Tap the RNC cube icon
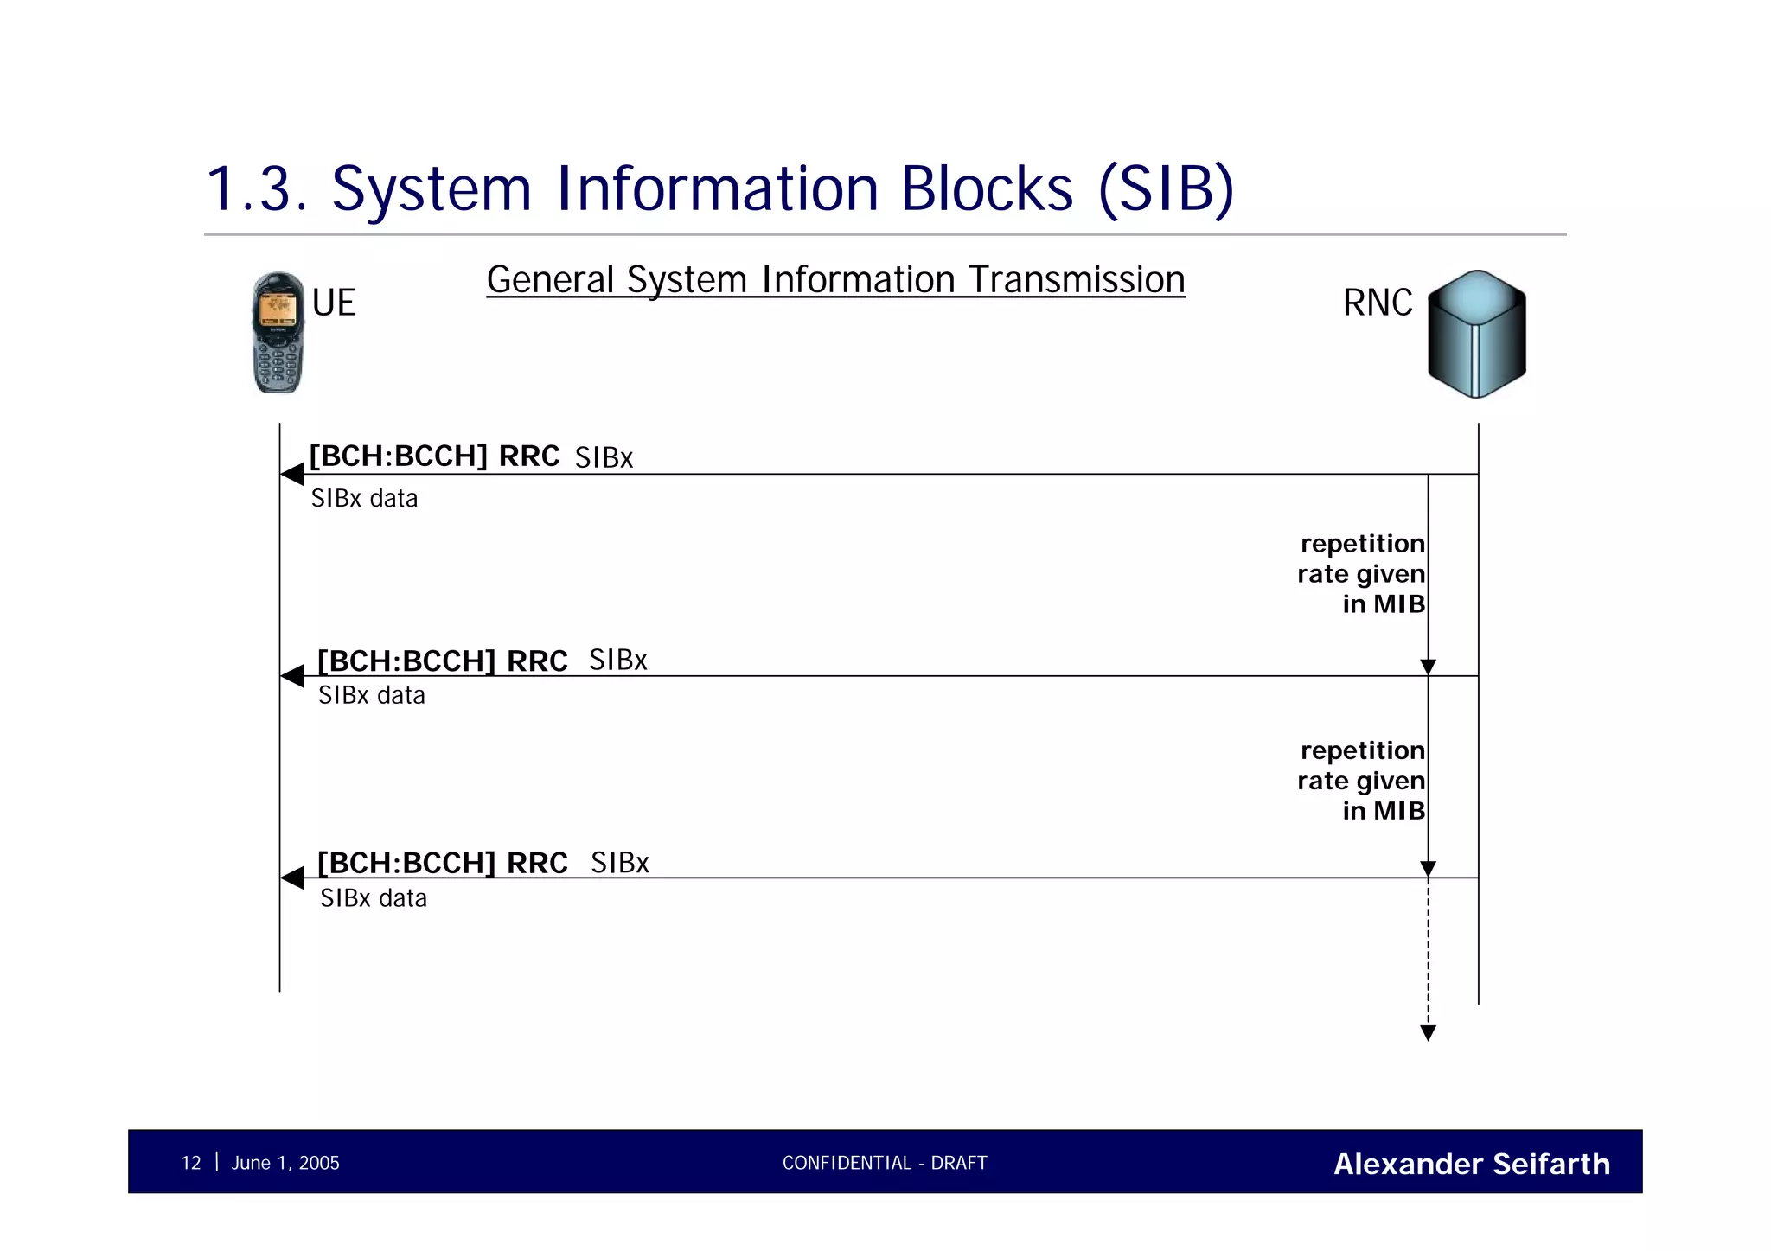point(1476,334)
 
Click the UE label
point(334,303)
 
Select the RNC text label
point(1378,303)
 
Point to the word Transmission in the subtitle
point(1076,280)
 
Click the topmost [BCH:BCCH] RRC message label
point(434,456)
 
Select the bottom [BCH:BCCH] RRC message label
point(442,863)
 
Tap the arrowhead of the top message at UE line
point(292,474)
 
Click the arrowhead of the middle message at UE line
point(292,676)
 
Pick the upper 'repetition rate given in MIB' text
point(1361,573)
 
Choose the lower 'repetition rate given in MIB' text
point(1361,781)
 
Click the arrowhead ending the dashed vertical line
point(1429,1032)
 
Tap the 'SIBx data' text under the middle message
point(372,695)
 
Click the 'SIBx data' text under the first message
point(364,499)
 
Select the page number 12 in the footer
point(191,1163)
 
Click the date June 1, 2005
point(285,1163)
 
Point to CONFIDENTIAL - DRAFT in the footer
point(885,1163)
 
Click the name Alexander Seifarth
point(1472,1164)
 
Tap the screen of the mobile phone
point(278,309)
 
